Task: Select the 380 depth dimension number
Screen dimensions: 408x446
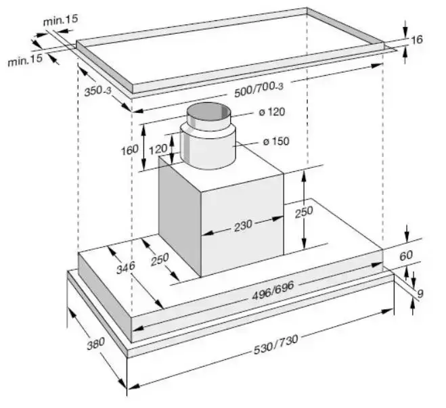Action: pyautogui.click(x=95, y=343)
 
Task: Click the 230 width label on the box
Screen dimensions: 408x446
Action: pyautogui.click(x=243, y=224)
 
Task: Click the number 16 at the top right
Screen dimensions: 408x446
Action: pyautogui.click(x=417, y=40)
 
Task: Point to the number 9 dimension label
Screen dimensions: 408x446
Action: pyautogui.click(x=420, y=293)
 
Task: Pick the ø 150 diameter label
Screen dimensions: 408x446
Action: pyautogui.click(x=276, y=142)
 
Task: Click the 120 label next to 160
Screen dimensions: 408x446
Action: pyautogui.click(x=158, y=148)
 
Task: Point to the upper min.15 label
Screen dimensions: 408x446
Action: pyautogui.click(x=61, y=20)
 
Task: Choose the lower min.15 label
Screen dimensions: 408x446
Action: pyautogui.click(x=24, y=60)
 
